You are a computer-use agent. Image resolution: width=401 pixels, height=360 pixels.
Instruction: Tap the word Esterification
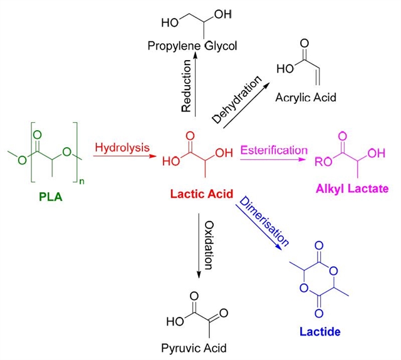pyautogui.click(x=273, y=150)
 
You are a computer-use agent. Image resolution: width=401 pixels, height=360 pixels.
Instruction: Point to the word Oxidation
pyautogui.click(x=211, y=243)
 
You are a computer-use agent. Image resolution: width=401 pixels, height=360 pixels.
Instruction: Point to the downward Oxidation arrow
pyautogui.click(x=199, y=244)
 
